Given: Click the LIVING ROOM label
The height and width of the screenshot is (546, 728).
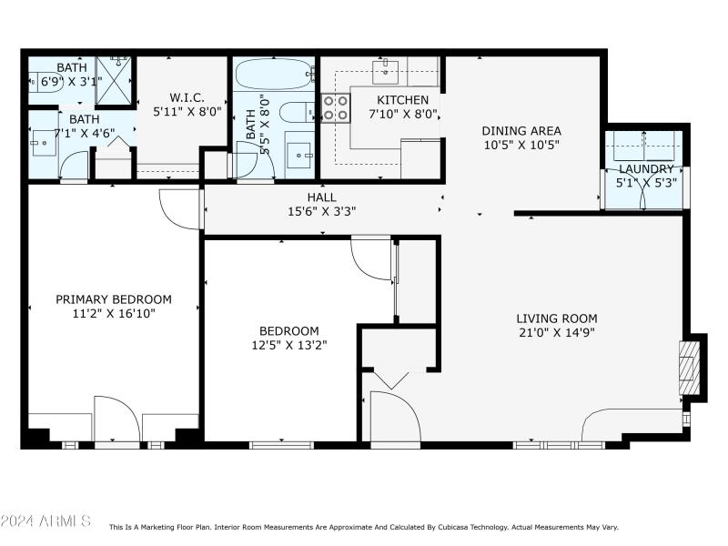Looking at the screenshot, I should click(556, 318).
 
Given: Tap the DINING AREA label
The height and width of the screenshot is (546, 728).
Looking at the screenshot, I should click(521, 130).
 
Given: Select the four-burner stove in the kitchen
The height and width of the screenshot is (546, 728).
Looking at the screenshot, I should click(336, 108).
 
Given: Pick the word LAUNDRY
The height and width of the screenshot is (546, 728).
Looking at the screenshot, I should click(646, 169).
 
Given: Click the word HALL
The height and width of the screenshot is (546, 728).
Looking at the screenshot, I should click(321, 197).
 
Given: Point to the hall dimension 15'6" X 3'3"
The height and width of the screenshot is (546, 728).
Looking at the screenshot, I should click(321, 211).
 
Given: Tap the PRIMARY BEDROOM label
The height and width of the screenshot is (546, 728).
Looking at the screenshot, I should click(114, 299).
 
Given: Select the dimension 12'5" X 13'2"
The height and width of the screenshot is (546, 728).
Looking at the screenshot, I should click(288, 345).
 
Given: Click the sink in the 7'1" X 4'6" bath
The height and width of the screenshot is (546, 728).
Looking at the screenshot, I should click(43, 142).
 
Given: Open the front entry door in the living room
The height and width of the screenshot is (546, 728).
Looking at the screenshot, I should click(393, 419).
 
